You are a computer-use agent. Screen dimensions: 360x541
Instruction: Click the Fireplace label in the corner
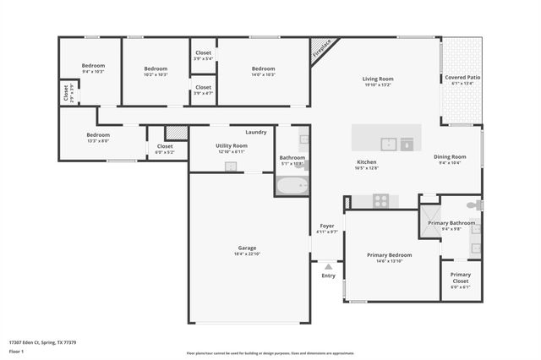[321, 49]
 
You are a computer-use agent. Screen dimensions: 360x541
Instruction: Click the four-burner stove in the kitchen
[380, 200]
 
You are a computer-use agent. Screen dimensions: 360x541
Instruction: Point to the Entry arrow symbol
[328, 266]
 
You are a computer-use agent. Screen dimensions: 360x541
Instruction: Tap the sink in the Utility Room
[230, 166]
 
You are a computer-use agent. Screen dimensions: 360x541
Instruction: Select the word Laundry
[256, 132]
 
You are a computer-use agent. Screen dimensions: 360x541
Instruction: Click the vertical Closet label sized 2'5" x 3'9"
[66, 92]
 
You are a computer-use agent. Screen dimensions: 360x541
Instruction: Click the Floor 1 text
[17, 351]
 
